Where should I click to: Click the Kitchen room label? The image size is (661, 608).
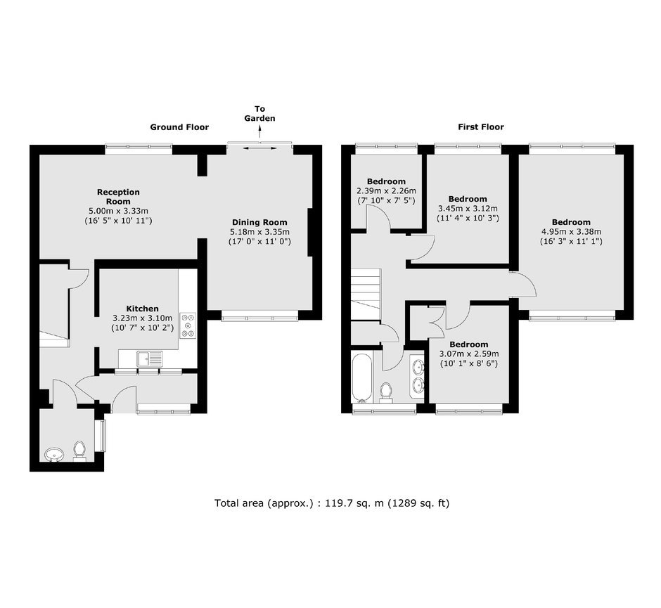(x=143, y=309)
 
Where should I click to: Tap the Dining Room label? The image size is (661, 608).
(x=259, y=223)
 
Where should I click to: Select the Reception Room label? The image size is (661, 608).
(x=118, y=197)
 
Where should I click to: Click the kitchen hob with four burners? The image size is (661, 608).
(x=188, y=325)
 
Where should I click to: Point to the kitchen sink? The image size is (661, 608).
(x=150, y=358)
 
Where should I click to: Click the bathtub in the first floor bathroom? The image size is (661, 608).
(x=362, y=378)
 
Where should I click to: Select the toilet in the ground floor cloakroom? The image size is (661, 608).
(x=79, y=451)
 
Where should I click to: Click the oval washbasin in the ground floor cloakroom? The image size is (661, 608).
(x=54, y=455)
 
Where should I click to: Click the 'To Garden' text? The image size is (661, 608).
(x=259, y=114)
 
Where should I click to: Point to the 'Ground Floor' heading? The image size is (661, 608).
(x=179, y=127)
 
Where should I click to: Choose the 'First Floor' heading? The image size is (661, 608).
(x=481, y=127)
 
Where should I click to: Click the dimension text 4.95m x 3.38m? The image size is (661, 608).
(x=571, y=231)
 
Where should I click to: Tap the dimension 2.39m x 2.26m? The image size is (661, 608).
(x=387, y=191)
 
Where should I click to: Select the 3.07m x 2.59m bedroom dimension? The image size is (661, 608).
(x=469, y=354)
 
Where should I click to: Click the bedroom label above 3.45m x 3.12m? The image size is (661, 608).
(x=468, y=199)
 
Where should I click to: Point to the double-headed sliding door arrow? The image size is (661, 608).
(x=260, y=148)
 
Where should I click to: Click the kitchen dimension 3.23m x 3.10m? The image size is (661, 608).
(x=143, y=318)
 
